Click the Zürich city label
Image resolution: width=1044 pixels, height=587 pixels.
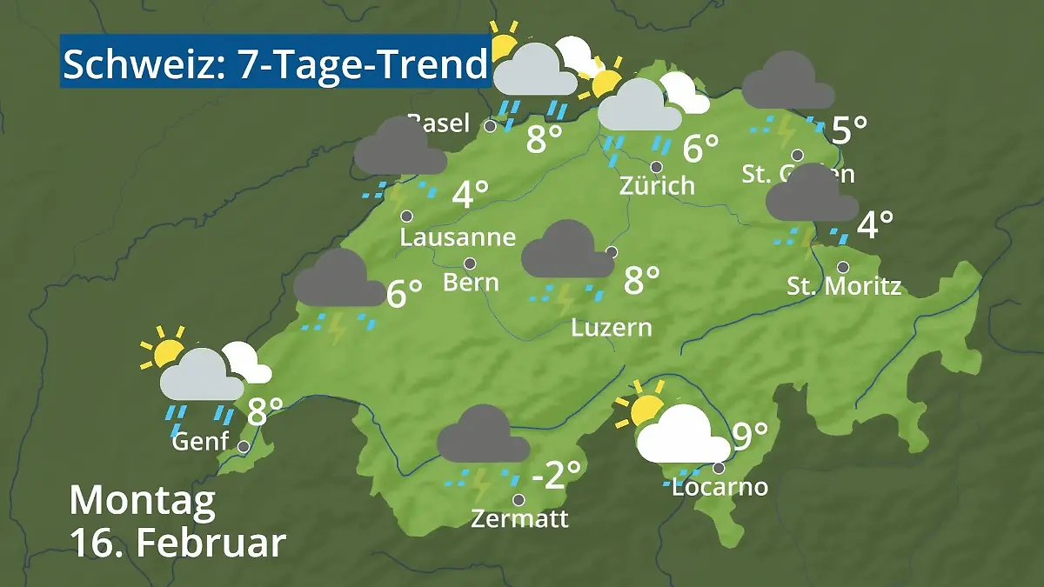[657, 185]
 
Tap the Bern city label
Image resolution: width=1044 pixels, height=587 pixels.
[470, 282]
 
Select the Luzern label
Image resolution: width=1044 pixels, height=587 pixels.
[612, 328]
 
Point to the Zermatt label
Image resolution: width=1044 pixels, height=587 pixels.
[519, 519]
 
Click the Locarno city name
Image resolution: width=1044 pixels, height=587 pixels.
[720, 487]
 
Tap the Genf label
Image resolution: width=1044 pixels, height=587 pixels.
[200, 442]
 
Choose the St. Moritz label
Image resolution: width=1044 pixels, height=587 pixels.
[844, 285]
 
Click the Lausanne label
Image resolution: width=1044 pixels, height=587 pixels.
[458, 237]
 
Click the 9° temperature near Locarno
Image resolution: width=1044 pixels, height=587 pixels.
[750, 436]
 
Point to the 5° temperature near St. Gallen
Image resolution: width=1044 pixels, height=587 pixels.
[849, 130]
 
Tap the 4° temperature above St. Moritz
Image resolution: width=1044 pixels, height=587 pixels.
[874, 226]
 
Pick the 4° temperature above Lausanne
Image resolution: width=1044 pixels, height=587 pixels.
[470, 194]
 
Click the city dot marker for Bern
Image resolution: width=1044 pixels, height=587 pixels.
[470, 263]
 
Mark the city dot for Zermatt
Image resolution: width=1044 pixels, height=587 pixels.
[519, 500]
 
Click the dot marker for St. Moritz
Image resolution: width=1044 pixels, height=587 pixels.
[843, 267]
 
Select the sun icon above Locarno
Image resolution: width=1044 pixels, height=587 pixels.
[645, 410]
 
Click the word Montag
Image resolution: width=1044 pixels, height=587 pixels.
[142, 500]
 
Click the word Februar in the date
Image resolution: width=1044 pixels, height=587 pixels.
[211, 543]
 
